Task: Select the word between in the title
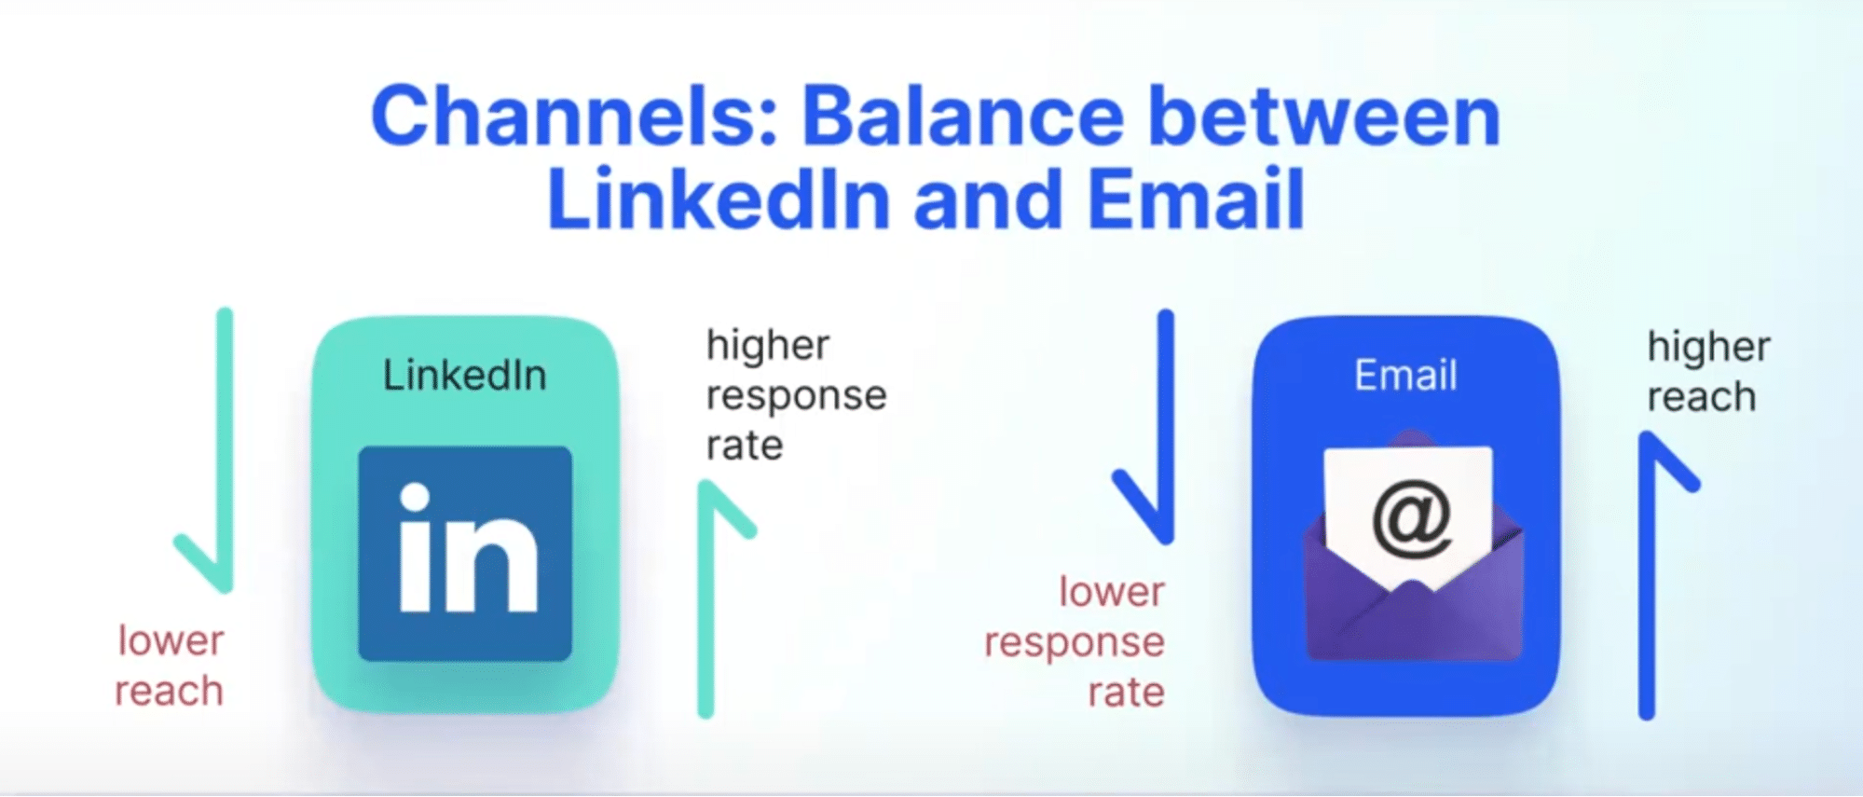pos(1324,117)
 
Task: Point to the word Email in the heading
pos(1196,199)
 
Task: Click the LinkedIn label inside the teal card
pos(464,375)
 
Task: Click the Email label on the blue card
pos(1405,375)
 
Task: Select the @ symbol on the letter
pos(1411,518)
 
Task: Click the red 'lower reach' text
pos(170,666)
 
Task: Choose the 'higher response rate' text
pos(796,395)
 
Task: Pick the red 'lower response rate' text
pos(1075,642)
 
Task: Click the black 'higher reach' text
pos(1708,371)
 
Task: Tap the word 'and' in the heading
pos(989,199)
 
